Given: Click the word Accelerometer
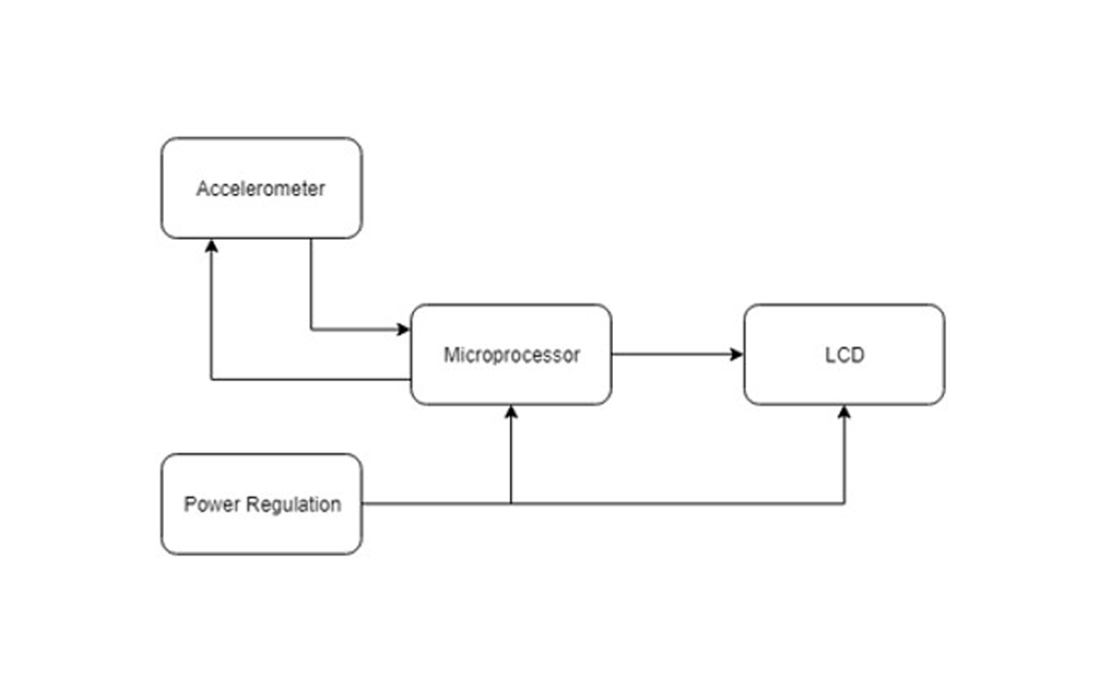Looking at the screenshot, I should pyautogui.click(x=261, y=189).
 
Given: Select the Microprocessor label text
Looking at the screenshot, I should pyautogui.click(x=511, y=354).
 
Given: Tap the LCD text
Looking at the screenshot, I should pyautogui.click(x=843, y=354).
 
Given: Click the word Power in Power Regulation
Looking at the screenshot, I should pyautogui.click(x=206, y=504).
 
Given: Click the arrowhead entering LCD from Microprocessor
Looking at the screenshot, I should pyautogui.click(x=738, y=354).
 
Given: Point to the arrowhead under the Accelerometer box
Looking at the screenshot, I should pyautogui.click(x=212, y=246).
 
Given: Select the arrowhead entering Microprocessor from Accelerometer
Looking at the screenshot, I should pyautogui.click(x=404, y=329).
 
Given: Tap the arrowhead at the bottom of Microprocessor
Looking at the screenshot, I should pyautogui.click(x=511, y=411).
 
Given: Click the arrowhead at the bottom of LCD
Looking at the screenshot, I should pyautogui.click(x=844, y=411).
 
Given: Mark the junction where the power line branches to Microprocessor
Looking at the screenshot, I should pyautogui.click(x=511, y=504).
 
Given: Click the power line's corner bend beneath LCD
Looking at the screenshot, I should pyautogui.click(x=844, y=504).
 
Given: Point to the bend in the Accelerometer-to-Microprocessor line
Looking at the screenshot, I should pyautogui.click(x=311, y=329).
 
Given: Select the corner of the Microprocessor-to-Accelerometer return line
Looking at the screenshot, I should pyautogui.click(x=212, y=379).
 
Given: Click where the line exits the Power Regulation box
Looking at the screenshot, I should pyautogui.click(x=361, y=504).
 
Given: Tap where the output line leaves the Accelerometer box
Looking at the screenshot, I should pyautogui.click(x=311, y=239).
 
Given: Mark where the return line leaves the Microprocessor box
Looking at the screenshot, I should pyautogui.click(x=411, y=379).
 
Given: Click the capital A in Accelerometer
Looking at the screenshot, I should pyautogui.click(x=203, y=189).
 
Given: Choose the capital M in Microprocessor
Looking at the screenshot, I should pyautogui.click(x=450, y=354).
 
